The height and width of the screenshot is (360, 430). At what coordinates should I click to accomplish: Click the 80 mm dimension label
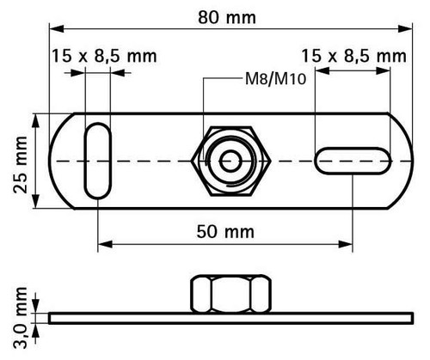(x=227, y=18)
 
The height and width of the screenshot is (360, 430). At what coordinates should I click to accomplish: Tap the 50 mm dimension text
(x=225, y=232)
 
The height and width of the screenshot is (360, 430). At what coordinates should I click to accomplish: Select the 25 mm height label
(x=21, y=165)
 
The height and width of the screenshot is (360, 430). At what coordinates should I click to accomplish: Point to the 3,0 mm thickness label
(x=21, y=318)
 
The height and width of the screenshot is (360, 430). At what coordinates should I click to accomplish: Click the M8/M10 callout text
(x=276, y=79)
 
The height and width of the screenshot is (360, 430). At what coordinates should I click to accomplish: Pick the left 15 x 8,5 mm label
(x=104, y=56)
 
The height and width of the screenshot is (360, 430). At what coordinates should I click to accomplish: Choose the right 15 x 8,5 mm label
(x=354, y=56)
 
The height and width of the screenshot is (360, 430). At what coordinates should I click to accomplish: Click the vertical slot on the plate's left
(x=98, y=161)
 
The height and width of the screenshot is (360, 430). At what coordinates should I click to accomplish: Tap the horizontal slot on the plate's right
(x=353, y=161)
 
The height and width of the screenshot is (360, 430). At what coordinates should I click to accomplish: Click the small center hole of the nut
(x=230, y=162)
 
